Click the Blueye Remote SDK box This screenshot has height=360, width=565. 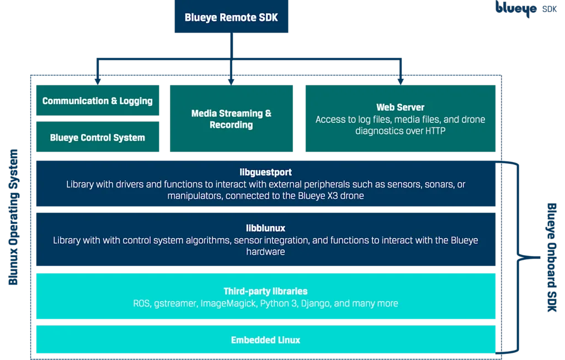232,18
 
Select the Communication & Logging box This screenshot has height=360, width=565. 98,101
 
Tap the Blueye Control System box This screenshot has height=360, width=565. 98,138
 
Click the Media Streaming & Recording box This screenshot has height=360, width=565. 231,119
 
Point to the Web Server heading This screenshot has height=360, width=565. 400,107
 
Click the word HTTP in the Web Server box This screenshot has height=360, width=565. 433,131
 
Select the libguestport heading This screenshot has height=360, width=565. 266,173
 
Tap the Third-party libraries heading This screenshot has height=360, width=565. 265,291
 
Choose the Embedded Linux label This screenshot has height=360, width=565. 265,340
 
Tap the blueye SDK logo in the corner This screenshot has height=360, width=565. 526,9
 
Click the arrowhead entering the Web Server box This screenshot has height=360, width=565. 401,81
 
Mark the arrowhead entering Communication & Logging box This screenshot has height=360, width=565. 98,81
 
